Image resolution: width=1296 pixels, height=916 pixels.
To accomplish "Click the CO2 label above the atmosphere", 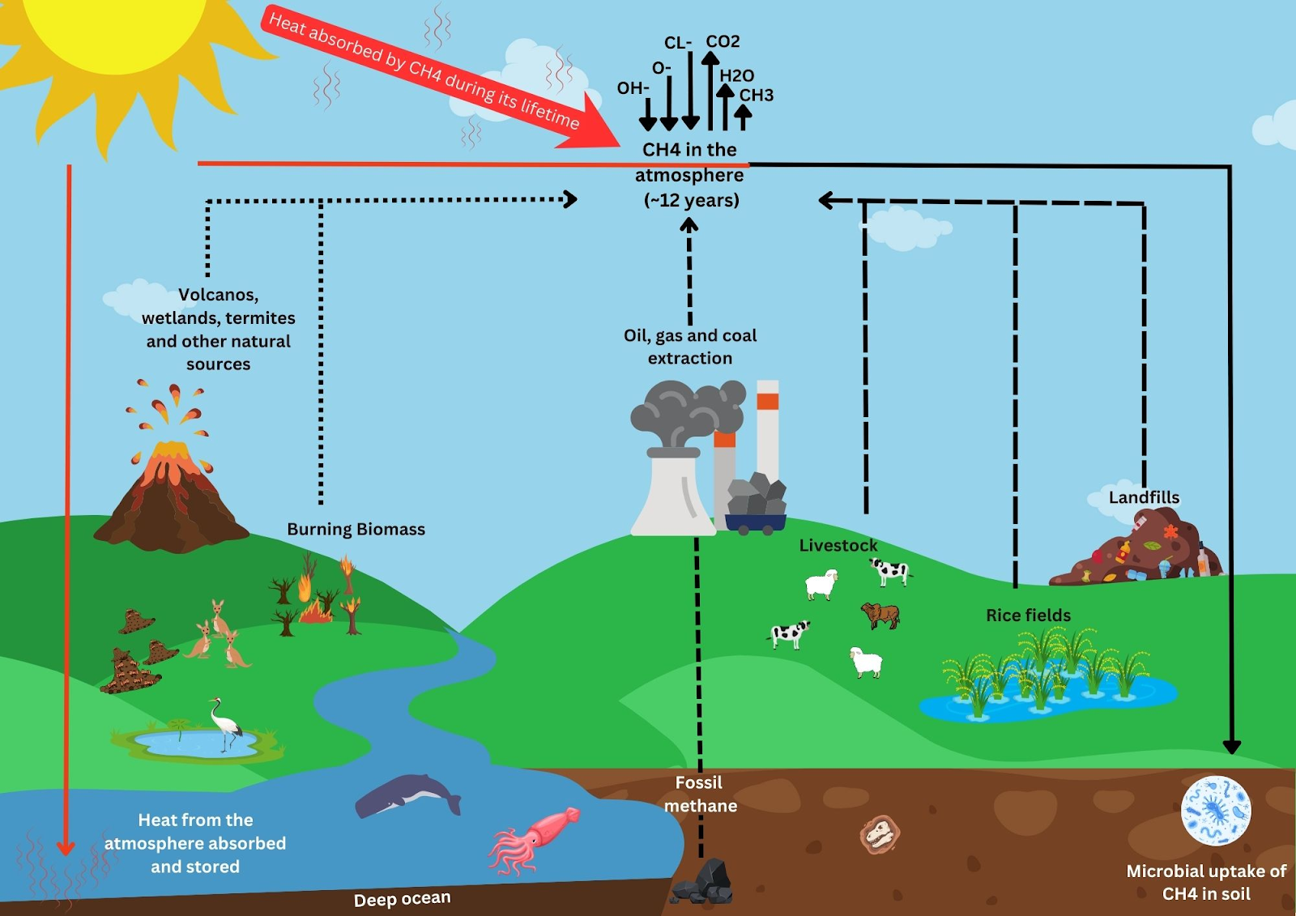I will pyautogui.click(x=723, y=41).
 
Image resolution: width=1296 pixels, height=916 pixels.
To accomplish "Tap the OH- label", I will pyautogui.click(x=633, y=87).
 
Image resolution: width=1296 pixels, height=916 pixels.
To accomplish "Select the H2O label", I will pyautogui.click(x=736, y=75).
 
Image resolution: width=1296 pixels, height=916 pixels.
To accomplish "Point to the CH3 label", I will pyautogui.click(x=756, y=95).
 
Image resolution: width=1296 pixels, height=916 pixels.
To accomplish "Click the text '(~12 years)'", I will pyautogui.click(x=691, y=200).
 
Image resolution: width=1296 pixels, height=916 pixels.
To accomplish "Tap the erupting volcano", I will pyautogui.click(x=170, y=494).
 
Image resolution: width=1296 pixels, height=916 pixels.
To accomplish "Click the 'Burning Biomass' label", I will pyautogui.click(x=356, y=529).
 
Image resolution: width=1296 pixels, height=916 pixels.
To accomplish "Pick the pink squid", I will pyautogui.click(x=535, y=838).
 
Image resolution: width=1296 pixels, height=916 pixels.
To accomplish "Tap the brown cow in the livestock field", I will pyautogui.click(x=881, y=614).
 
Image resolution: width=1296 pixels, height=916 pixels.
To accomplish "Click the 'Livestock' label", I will pyautogui.click(x=838, y=545).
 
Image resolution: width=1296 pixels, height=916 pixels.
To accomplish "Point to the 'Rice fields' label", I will pyautogui.click(x=1028, y=615).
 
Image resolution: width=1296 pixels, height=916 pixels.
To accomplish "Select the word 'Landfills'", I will pyautogui.click(x=1144, y=497).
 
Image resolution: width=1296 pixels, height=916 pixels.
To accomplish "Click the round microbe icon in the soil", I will pyautogui.click(x=1215, y=810).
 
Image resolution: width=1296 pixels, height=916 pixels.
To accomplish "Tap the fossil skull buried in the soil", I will pyautogui.click(x=880, y=834).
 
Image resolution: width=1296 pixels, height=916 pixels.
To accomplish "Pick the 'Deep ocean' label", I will pyautogui.click(x=402, y=899).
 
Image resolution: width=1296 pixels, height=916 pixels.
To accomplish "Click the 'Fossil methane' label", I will pyautogui.click(x=700, y=794).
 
